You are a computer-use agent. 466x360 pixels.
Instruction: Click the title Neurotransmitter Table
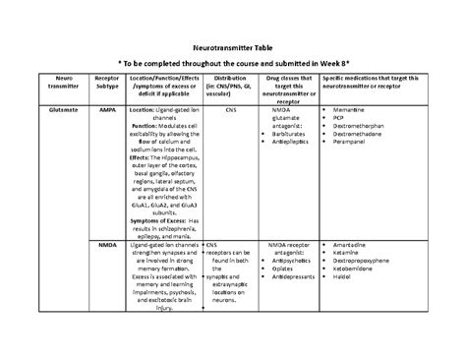[233, 47]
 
